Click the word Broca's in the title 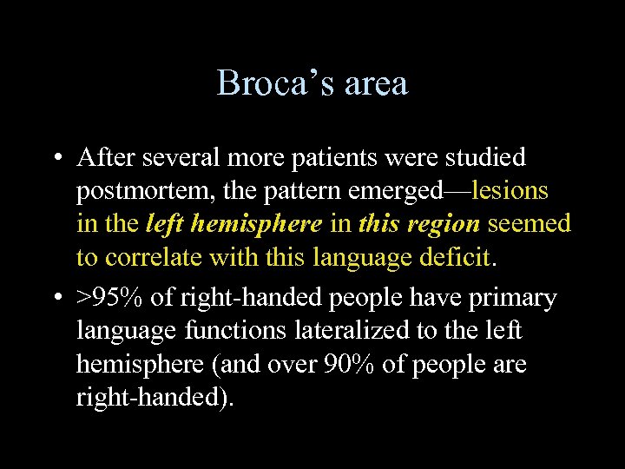tap(266, 83)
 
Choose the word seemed tap(530, 224)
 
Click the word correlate tap(155, 257)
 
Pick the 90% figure tap(349, 364)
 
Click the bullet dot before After tap(56, 158)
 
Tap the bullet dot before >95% tap(56, 298)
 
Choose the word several tap(182, 157)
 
